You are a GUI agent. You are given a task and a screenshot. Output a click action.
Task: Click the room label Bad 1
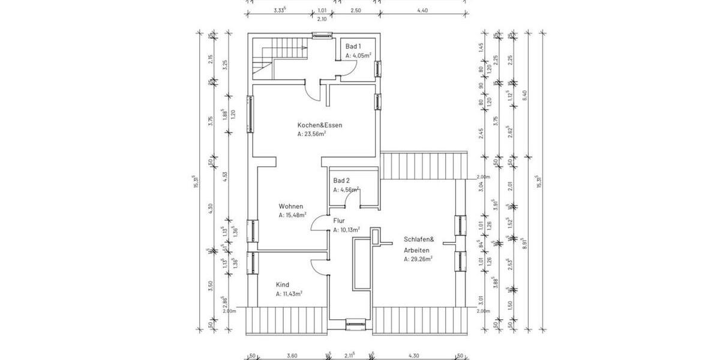353,46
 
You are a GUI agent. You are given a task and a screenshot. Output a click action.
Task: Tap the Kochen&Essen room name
320,125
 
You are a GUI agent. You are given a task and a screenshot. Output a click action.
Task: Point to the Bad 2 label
341,180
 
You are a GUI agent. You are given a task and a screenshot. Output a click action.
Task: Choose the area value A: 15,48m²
292,214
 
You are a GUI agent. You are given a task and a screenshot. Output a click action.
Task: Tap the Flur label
338,220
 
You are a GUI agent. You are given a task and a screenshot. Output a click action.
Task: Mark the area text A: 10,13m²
346,229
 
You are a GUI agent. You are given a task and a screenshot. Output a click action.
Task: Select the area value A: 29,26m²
418,259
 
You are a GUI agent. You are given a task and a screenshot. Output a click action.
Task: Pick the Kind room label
282,284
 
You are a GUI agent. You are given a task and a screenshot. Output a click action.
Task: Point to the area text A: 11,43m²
289,294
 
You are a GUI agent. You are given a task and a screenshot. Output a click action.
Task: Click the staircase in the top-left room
278,58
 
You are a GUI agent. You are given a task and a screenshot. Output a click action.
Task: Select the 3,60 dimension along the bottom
292,356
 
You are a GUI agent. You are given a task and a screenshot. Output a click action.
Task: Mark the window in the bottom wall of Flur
355,326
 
